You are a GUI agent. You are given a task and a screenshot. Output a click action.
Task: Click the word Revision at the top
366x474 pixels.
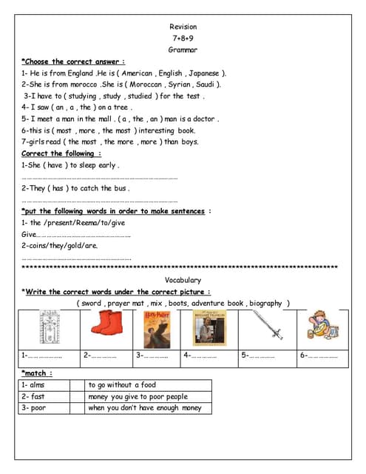click(183, 27)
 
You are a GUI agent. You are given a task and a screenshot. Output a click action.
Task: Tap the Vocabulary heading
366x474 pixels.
click(183, 280)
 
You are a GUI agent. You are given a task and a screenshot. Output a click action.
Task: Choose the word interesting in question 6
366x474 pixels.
click(151, 130)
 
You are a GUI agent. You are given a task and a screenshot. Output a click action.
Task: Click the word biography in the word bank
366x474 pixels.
click(266, 303)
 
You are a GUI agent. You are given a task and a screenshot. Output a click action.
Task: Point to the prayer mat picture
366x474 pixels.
click(50, 327)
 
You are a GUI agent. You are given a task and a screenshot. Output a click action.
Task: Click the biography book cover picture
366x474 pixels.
click(209, 327)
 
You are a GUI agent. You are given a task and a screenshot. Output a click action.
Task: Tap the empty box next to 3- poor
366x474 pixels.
click(77, 408)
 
